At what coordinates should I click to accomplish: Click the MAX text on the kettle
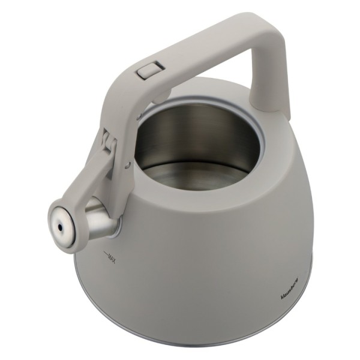[x=112, y=257]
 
